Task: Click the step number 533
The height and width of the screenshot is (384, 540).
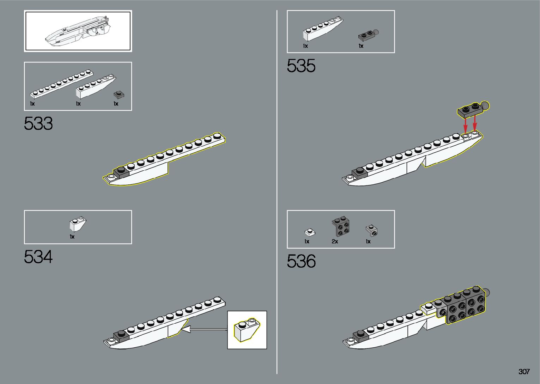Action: click(x=38, y=124)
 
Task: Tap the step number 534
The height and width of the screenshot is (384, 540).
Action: click(x=38, y=257)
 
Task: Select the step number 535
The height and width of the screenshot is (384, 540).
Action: click(x=301, y=66)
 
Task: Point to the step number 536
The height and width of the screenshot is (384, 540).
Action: click(x=301, y=261)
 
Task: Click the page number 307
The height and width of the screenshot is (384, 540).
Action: click(x=524, y=372)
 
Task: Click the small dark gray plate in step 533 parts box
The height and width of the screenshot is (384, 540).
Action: click(x=119, y=95)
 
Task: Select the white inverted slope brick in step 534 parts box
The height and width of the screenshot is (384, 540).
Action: click(x=78, y=224)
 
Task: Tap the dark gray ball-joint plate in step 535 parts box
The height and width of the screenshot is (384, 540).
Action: click(x=368, y=35)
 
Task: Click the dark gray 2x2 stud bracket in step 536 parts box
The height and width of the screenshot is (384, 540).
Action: click(x=341, y=227)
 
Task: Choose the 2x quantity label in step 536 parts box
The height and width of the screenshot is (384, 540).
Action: click(x=335, y=242)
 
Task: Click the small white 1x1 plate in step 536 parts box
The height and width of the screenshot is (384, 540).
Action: click(x=309, y=232)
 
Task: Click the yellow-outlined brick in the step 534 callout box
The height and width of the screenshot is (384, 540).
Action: click(x=246, y=329)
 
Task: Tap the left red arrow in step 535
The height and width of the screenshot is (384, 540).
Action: click(x=466, y=124)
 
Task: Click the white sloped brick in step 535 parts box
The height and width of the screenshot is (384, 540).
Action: click(x=322, y=30)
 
